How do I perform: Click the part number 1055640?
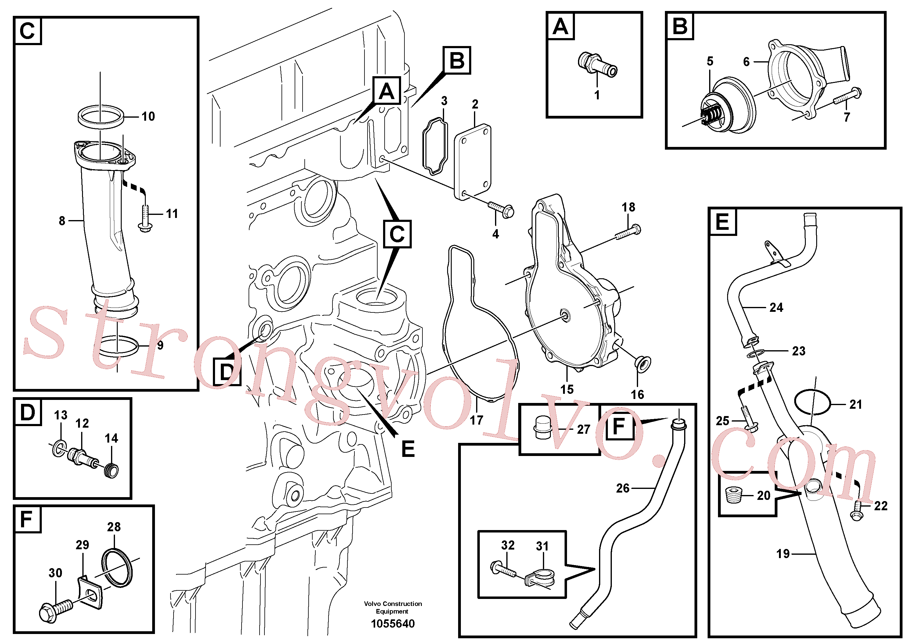[x=393, y=624]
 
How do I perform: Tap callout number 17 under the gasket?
[x=476, y=420]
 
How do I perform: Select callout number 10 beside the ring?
[x=148, y=116]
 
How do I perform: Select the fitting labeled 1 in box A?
[x=598, y=65]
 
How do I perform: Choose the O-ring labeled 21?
[x=812, y=402]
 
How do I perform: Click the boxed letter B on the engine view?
[x=457, y=60]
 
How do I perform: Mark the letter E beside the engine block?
[x=408, y=449]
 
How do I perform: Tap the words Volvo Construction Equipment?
[x=393, y=607]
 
